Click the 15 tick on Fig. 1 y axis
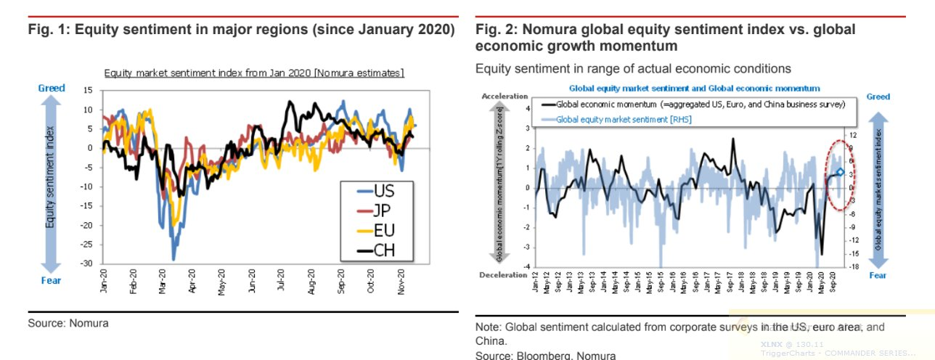pyautogui.click(x=89, y=91)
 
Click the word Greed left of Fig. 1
pyautogui.click(x=52, y=88)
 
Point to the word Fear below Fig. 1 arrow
pyautogui.click(x=52, y=281)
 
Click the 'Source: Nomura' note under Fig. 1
pyautogui.click(x=68, y=323)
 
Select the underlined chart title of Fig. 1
pyautogui.click(x=254, y=73)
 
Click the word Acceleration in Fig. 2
pyautogui.click(x=505, y=96)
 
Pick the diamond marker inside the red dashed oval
pyautogui.click(x=840, y=172)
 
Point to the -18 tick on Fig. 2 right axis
pyautogui.click(x=854, y=266)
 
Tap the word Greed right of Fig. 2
pyautogui.click(x=878, y=97)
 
